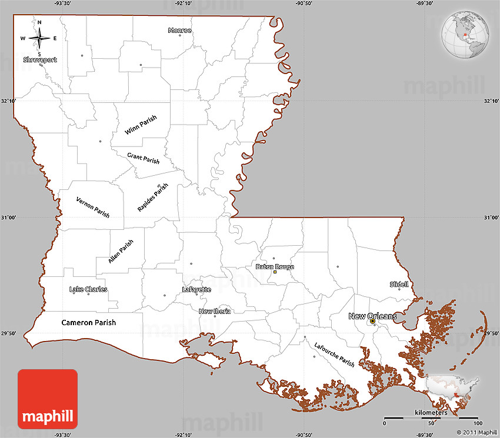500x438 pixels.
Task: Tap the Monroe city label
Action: click(x=179, y=30)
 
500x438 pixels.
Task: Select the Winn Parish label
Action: click(x=141, y=125)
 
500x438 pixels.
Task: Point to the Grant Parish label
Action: click(x=144, y=158)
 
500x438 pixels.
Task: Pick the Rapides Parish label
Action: click(x=153, y=197)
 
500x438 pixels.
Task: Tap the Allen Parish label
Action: click(x=121, y=251)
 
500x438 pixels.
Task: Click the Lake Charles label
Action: click(x=88, y=289)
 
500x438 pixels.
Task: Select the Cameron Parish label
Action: click(x=89, y=322)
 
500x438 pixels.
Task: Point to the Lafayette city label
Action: click(x=196, y=289)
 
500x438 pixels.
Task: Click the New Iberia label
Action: click(x=214, y=311)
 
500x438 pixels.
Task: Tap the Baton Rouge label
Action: click(x=275, y=266)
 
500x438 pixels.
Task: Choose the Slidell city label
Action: click(x=399, y=284)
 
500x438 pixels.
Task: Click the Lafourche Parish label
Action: click(x=334, y=354)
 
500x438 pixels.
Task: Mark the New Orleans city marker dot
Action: click(x=372, y=322)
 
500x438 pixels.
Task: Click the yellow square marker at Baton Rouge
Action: click(x=275, y=272)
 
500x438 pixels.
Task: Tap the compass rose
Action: click(x=39, y=38)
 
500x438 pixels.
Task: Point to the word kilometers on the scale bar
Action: click(x=431, y=413)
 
